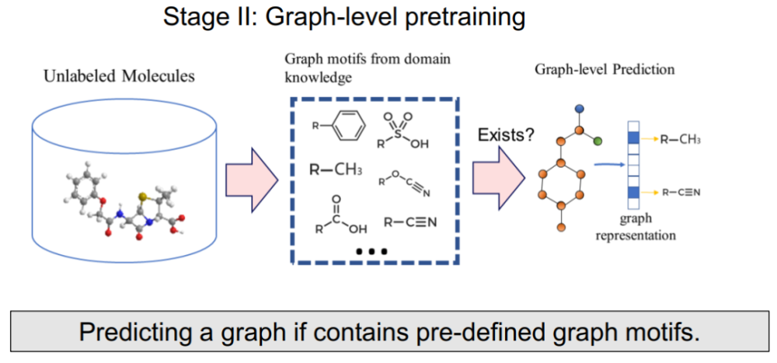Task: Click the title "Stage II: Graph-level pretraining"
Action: [x=343, y=18]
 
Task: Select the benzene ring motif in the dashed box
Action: [x=339, y=126]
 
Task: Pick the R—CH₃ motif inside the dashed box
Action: [x=336, y=170]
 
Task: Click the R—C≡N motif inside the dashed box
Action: [x=411, y=222]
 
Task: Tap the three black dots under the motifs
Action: [x=371, y=252]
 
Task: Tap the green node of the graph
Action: [x=598, y=141]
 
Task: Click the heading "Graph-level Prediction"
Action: [x=605, y=69]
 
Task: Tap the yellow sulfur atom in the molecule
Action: [x=142, y=197]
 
